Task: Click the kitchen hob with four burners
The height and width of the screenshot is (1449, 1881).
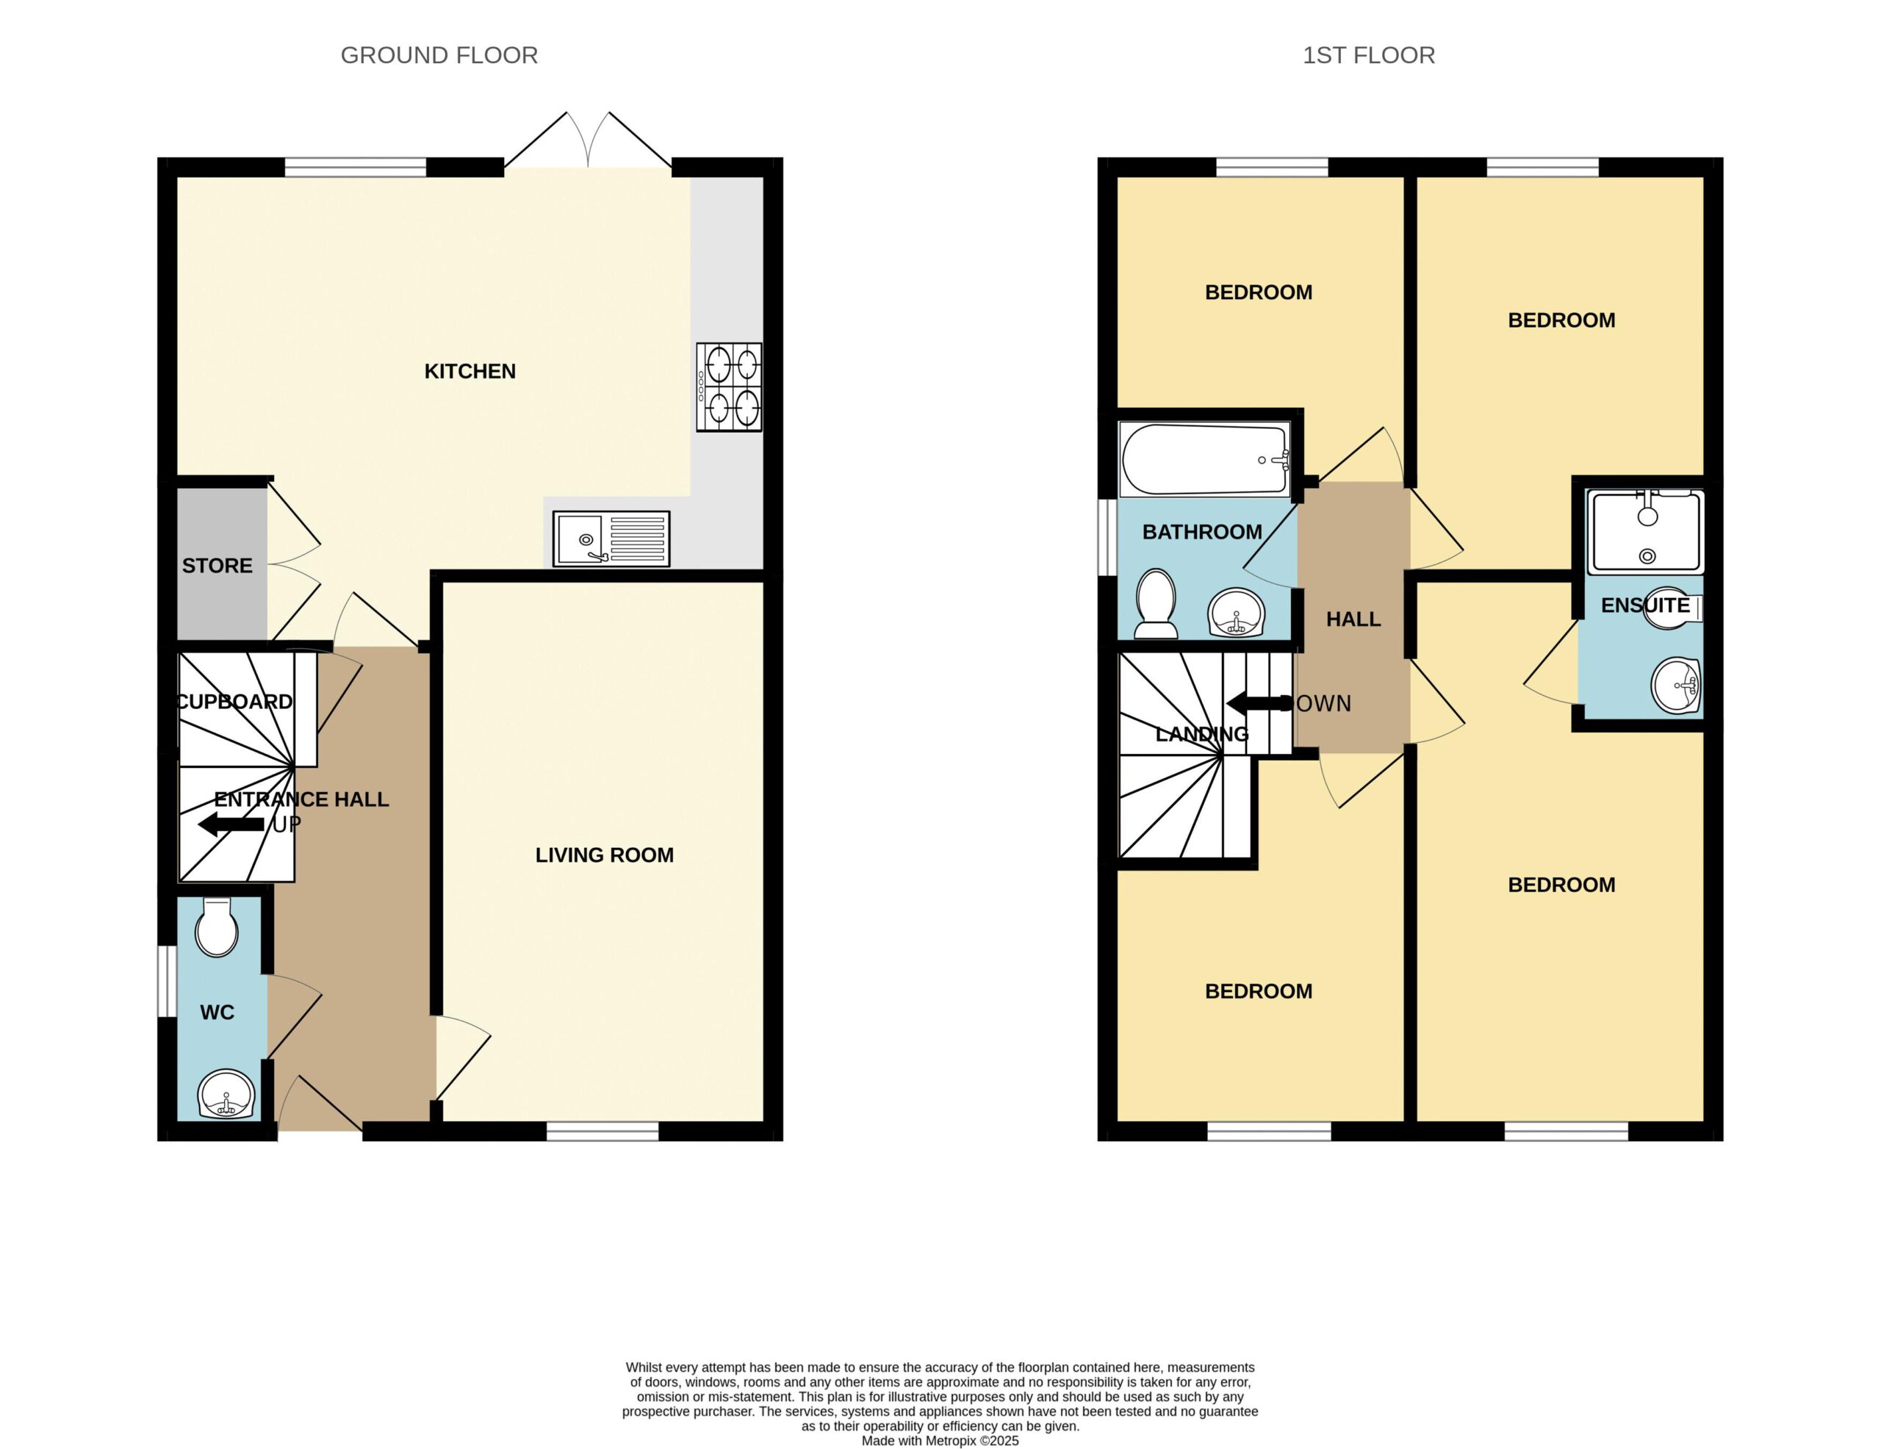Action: click(729, 386)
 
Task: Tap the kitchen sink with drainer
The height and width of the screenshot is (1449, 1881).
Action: click(611, 539)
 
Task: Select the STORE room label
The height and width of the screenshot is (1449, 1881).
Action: click(217, 566)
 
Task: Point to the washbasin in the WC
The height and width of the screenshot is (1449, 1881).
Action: click(226, 1094)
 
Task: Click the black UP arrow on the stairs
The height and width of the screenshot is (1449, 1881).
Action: click(231, 824)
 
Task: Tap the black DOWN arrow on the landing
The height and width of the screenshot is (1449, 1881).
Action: click(1259, 703)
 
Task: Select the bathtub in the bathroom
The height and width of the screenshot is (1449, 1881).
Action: click(1205, 459)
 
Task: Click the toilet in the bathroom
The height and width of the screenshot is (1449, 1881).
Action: click(1156, 604)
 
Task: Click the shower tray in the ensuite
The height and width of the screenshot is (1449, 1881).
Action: click(1647, 531)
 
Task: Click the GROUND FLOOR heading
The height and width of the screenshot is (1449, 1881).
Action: click(439, 55)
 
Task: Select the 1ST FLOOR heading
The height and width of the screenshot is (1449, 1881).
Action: click(1369, 55)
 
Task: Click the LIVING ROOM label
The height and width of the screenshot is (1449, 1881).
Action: click(605, 855)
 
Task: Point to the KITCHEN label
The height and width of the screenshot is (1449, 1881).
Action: click(470, 371)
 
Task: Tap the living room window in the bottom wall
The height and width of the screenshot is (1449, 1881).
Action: click(603, 1131)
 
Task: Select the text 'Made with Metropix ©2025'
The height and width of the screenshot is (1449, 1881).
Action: click(940, 1440)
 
